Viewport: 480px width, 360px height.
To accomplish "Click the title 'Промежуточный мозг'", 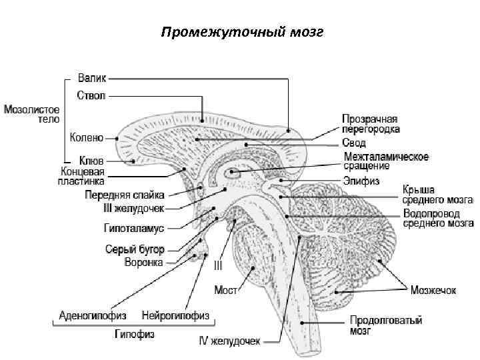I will [242, 33].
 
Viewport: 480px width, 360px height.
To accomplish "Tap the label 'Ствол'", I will [91, 95].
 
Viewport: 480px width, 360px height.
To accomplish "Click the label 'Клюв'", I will [91, 161].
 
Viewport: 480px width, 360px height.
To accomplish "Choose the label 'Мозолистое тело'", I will [31, 114].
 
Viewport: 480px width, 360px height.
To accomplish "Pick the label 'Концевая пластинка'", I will [81, 176].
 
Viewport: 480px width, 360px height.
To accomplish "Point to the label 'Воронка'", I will [143, 262].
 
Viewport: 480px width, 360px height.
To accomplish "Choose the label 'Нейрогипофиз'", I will [176, 315].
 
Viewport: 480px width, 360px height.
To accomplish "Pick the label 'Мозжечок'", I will [433, 290].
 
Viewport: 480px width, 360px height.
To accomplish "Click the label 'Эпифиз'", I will [361, 179].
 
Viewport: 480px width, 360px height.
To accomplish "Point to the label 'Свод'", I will [354, 143].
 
